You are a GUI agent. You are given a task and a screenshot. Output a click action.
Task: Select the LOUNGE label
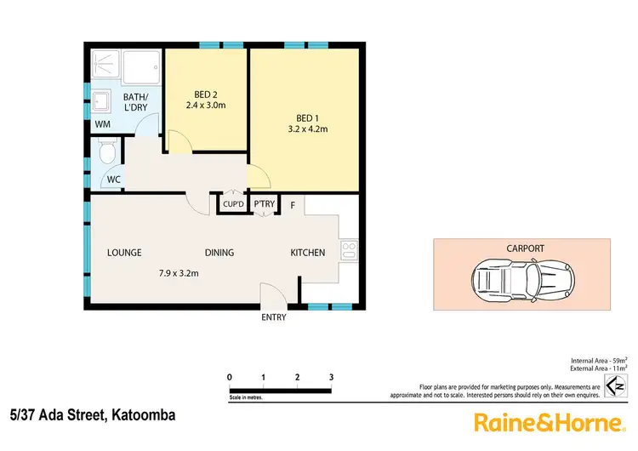pos(124,253)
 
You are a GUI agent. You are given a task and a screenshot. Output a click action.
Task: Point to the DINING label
pos(219,253)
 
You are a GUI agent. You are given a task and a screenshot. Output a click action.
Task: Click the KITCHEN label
pos(308,253)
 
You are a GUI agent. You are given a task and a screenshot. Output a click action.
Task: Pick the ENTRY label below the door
pos(274,318)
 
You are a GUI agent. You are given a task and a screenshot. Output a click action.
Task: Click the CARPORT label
pos(526,248)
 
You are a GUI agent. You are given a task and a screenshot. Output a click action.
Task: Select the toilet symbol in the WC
pos(106,154)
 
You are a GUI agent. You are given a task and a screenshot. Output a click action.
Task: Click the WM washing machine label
pos(102,125)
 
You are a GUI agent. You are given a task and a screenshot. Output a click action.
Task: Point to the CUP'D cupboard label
pos(233,204)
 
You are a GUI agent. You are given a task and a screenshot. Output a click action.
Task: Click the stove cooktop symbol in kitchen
pos(347,250)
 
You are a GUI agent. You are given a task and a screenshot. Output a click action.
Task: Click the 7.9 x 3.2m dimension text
pos(179,274)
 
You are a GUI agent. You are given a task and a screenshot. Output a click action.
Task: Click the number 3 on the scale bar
pos(331,377)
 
